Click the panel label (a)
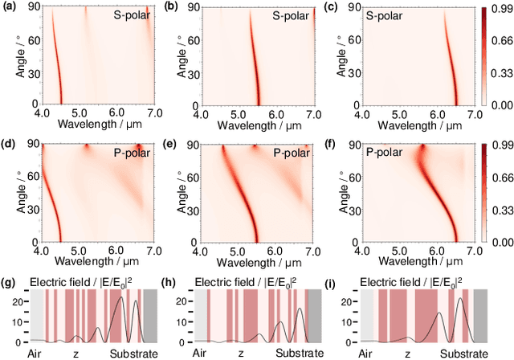tap(11, 6)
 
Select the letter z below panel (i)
tap(406, 352)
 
